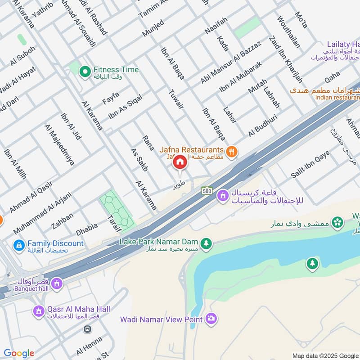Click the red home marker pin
point(180,162)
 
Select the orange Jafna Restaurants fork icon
point(232,152)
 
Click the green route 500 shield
point(207,190)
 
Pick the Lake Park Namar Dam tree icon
point(206,243)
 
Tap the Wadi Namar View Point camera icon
point(211,319)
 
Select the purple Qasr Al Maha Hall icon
point(39,311)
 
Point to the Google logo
point(18,353)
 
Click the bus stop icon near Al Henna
point(87,329)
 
